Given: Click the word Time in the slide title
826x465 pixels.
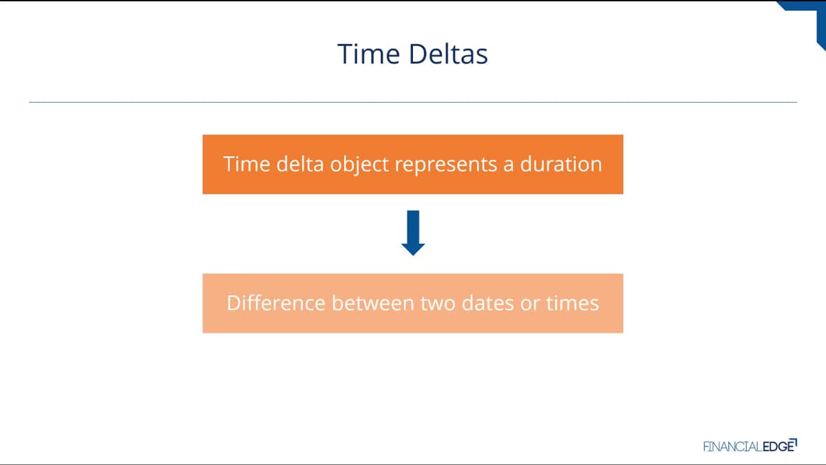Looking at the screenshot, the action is tap(369, 54).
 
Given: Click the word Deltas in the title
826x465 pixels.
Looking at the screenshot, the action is tap(448, 54).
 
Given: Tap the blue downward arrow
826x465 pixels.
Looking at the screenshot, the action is tap(413, 233).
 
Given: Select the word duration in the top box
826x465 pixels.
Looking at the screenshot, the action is tap(561, 164).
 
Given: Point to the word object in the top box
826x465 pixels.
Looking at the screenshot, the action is tap(359, 165).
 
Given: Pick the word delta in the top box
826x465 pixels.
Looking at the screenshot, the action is tap(300, 164).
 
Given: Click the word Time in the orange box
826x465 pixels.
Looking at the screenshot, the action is tap(246, 164).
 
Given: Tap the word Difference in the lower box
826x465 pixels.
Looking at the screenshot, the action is tap(276, 303).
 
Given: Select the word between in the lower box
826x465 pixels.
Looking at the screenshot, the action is tap(373, 303).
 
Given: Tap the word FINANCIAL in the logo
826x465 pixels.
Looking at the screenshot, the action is tap(732, 447).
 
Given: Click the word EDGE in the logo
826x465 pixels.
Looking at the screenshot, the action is tap(778, 446).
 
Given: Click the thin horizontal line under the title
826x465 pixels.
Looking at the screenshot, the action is tap(413, 102).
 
